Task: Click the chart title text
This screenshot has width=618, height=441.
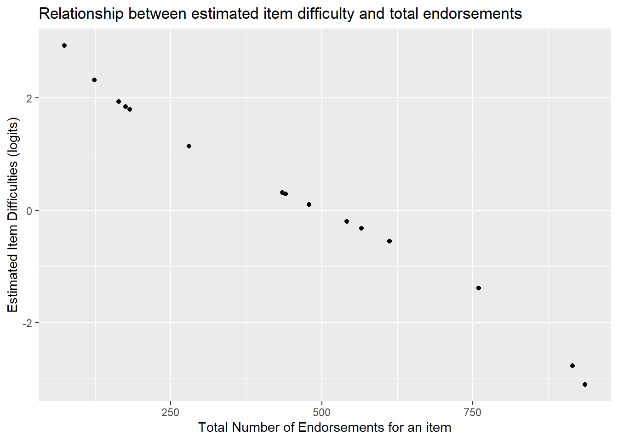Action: (x=280, y=14)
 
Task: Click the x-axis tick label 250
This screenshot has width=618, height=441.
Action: (x=170, y=412)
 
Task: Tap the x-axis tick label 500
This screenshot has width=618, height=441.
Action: (x=321, y=412)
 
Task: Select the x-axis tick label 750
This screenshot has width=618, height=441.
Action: (x=473, y=412)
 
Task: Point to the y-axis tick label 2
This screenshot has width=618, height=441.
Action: (x=29, y=98)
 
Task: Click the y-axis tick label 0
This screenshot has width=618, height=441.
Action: (x=29, y=211)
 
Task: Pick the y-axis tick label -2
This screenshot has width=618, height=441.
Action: (x=27, y=323)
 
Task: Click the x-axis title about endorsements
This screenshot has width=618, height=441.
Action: (x=325, y=427)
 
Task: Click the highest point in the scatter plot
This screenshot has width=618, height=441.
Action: (x=64, y=45)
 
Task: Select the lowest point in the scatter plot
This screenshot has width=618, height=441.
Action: (x=585, y=384)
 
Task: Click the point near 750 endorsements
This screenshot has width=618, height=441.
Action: (x=479, y=288)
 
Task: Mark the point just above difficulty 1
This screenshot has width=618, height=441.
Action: (x=189, y=146)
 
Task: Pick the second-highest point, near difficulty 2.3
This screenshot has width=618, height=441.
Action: (x=94, y=80)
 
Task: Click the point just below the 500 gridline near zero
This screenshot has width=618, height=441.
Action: (x=309, y=204)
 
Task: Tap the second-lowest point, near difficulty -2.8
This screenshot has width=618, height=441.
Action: (x=572, y=366)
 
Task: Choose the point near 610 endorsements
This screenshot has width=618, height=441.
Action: (x=389, y=241)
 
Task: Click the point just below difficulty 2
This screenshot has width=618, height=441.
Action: (x=119, y=102)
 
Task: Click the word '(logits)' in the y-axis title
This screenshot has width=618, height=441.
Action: (x=13, y=137)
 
